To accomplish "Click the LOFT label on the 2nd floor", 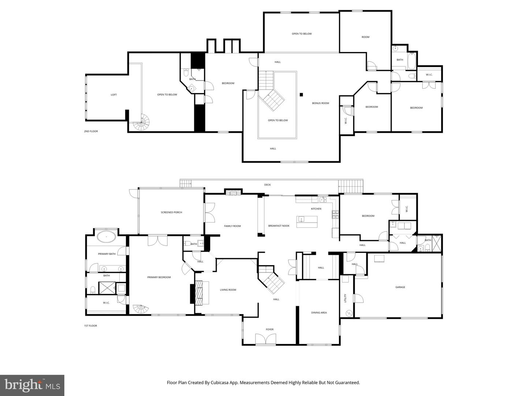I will pyautogui.click(x=114, y=95).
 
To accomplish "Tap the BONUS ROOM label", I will pyautogui.click(x=320, y=103).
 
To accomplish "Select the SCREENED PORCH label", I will pyautogui.click(x=171, y=213).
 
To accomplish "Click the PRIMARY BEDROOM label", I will pyautogui.click(x=159, y=278).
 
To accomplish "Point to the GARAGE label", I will pyautogui.click(x=400, y=287).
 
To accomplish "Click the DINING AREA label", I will pyautogui.click(x=319, y=313).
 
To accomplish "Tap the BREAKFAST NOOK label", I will pyautogui.click(x=279, y=226).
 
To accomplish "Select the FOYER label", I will pyautogui.click(x=270, y=330).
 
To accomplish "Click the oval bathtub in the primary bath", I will pyautogui.click(x=106, y=237).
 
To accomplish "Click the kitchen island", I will pyautogui.click(x=307, y=222).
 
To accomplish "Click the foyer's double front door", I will pyautogui.click(x=265, y=339).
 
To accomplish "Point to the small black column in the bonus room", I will pyautogui.click(x=301, y=95).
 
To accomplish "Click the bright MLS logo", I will pyautogui.click(x=32, y=385).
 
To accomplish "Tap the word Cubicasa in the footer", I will pyautogui.click(x=220, y=383).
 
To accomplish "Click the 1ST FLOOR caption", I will pyautogui.click(x=90, y=326).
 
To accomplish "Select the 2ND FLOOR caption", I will pyautogui.click(x=91, y=131).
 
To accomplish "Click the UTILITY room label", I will pyautogui.click(x=345, y=299).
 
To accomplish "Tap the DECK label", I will pyautogui.click(x=268, y=185).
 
